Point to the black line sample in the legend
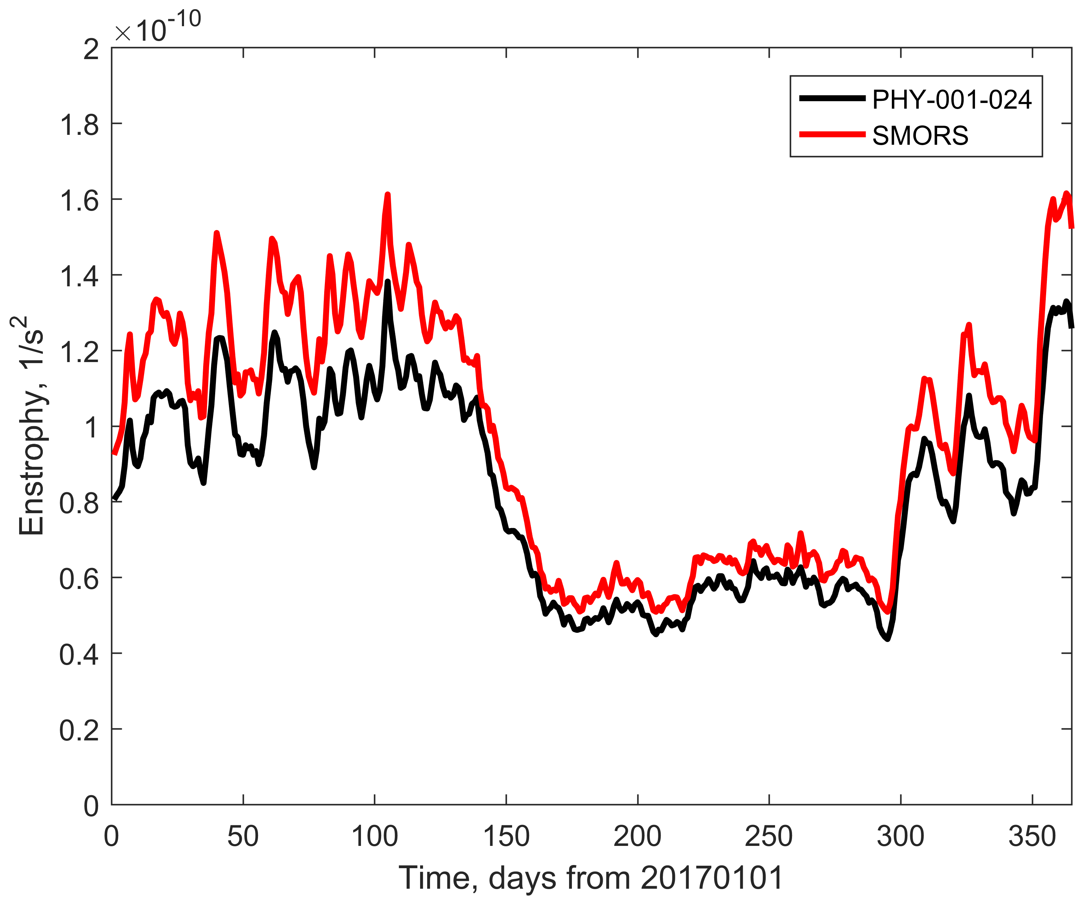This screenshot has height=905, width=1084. pyautogui.click(x=832, y=98)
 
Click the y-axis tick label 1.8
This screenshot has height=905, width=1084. pyautogui.click(x=79, y=125)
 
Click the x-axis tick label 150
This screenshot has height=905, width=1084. pyautogui.click(x=506, y=836)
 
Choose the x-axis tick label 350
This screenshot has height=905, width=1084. pyautogui.click(x=1032, y=836)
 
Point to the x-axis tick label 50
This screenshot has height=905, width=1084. pyautogui.click(x=243, y=836)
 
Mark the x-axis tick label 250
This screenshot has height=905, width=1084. pyautogui.click(x=769, y=836)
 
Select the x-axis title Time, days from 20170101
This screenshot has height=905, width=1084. pyautogui.click(x=591, y=878)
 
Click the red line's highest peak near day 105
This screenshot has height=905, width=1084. pyautogui.click(x=388, y=195)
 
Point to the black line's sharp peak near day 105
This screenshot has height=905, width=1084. pyautogui.click(x=388, y=281)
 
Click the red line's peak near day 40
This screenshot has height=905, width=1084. pyautogui.click(x=216, y=233)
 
